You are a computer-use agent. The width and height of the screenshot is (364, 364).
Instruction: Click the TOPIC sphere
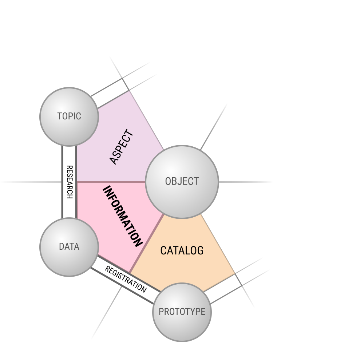(x=69, y=116)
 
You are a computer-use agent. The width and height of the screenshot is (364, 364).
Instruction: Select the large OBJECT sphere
(x=182, y=182)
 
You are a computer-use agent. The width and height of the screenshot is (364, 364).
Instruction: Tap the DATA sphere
(x=69, y=247)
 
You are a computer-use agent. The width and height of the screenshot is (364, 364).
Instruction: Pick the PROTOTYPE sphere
(x=182, y=312)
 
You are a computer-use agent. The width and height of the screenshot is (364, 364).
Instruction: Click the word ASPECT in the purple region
(x=122, y=147)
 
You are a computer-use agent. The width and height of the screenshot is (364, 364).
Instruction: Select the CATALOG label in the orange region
(x=182, y=250)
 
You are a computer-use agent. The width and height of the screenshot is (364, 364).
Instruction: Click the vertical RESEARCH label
(x=69, y=182)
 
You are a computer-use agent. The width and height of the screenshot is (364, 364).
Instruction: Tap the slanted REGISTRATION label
(x=126, y=279)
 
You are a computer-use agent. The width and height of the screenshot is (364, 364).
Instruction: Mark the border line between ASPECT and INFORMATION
(x=111, y=182)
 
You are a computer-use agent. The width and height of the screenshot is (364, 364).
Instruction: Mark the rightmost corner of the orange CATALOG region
(x=235, y=274)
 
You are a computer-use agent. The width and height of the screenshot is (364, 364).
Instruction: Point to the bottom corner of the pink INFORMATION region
(x=130, y=273)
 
